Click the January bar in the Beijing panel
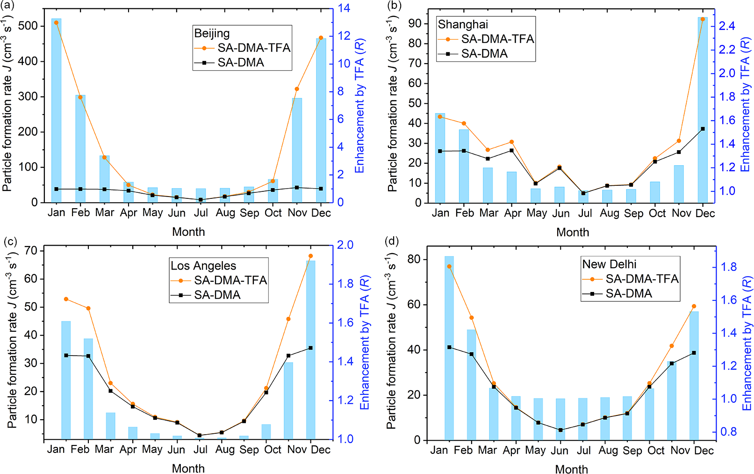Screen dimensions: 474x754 [56, 110]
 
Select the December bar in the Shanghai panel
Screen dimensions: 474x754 [703, 110]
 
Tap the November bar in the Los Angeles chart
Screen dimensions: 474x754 [288, 401]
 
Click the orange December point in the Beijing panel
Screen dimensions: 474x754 [321, 37]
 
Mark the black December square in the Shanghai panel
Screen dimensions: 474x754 [703, 129]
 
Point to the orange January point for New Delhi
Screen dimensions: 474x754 [449, 266]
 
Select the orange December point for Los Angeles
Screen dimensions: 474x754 [310, 256]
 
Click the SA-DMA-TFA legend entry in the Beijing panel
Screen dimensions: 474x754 [253, 48]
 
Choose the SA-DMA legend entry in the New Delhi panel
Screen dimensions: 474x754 [628, 293]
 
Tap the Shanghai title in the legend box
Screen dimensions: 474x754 [463, 24]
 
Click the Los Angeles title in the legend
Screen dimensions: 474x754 [203, 266]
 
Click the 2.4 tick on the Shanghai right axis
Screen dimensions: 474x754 [727, 26]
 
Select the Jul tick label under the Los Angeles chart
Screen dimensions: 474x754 [200, 450]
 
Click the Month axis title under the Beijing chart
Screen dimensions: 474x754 [188, 232]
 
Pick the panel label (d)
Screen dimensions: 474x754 [391, 241]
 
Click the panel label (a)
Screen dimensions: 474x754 [8, 6]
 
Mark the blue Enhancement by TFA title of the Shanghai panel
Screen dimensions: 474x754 [745, 105]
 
